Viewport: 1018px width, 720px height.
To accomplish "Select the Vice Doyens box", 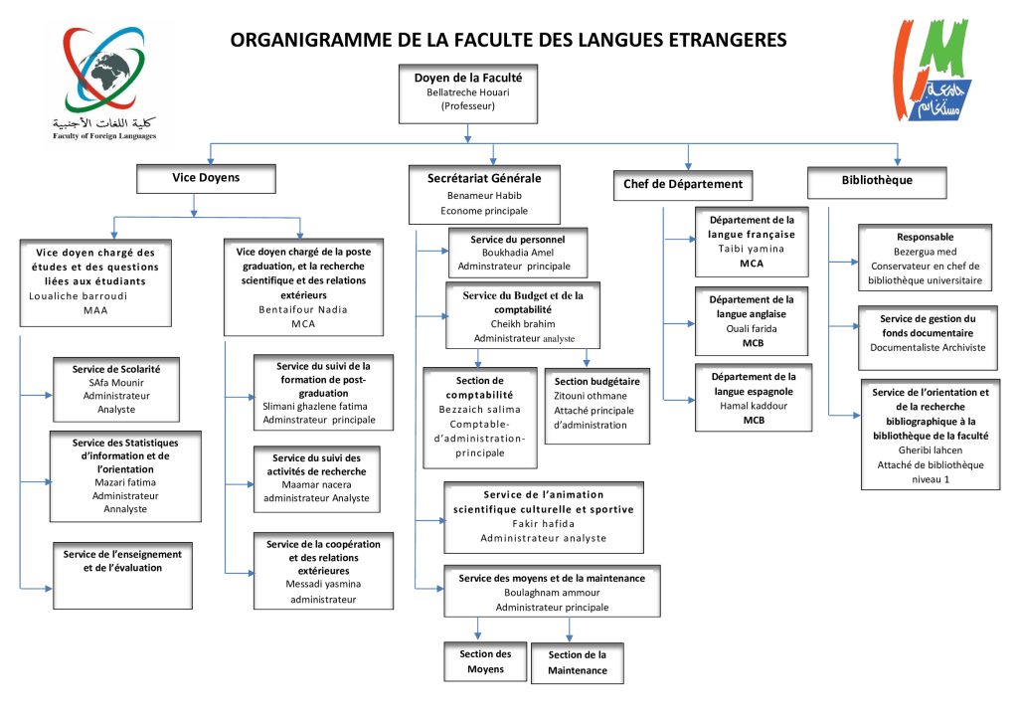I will pos(207,178).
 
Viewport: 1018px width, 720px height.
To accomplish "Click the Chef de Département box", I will pos(683,184).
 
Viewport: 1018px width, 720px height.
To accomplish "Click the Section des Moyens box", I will pos(485,661).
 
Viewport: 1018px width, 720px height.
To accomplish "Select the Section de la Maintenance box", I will pos(577,663).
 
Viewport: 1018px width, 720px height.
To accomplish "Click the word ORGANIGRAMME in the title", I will pos(302,41).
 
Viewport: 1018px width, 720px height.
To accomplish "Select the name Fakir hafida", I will pos(543,523).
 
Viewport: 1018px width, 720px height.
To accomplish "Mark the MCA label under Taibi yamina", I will pos(752,263).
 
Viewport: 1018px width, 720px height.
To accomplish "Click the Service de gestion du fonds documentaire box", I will pos(928,333).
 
